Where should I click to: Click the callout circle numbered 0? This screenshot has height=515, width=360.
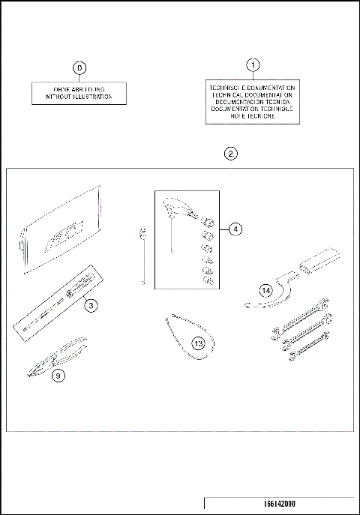79,68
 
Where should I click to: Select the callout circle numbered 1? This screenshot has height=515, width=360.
253,64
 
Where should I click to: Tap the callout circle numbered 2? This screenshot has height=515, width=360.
231,153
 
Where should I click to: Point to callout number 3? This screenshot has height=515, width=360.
89,305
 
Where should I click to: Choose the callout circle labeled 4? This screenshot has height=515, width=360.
235,229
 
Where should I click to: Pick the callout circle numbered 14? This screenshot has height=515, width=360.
265,289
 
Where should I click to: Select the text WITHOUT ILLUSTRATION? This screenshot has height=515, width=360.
79,97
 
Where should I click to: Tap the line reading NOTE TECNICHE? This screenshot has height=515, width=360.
253,116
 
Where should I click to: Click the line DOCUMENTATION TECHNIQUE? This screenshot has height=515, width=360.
253,109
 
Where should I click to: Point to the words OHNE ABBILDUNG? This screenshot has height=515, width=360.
79,90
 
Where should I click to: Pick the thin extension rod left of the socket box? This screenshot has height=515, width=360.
141,255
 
